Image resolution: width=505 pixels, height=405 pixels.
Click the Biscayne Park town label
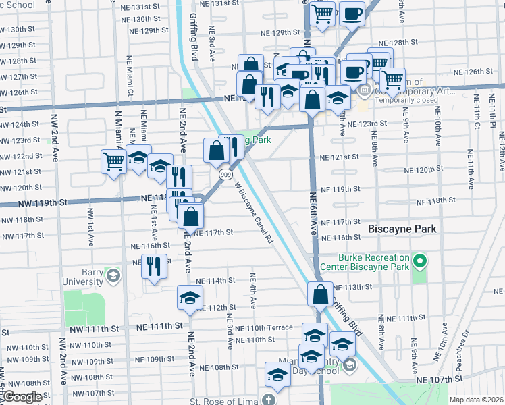[402, 230]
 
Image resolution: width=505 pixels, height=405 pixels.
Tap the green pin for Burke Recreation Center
[419, 261]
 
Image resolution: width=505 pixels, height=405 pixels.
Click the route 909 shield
[223, 174]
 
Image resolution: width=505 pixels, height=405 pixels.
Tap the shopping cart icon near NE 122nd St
[113, 161]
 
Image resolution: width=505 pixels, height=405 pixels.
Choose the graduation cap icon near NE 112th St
[190, 297]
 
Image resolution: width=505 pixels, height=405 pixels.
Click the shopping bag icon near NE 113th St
[319, 294]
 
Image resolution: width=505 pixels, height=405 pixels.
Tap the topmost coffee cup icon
[351, 13]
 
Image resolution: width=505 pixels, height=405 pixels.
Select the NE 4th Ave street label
[252, 291]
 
